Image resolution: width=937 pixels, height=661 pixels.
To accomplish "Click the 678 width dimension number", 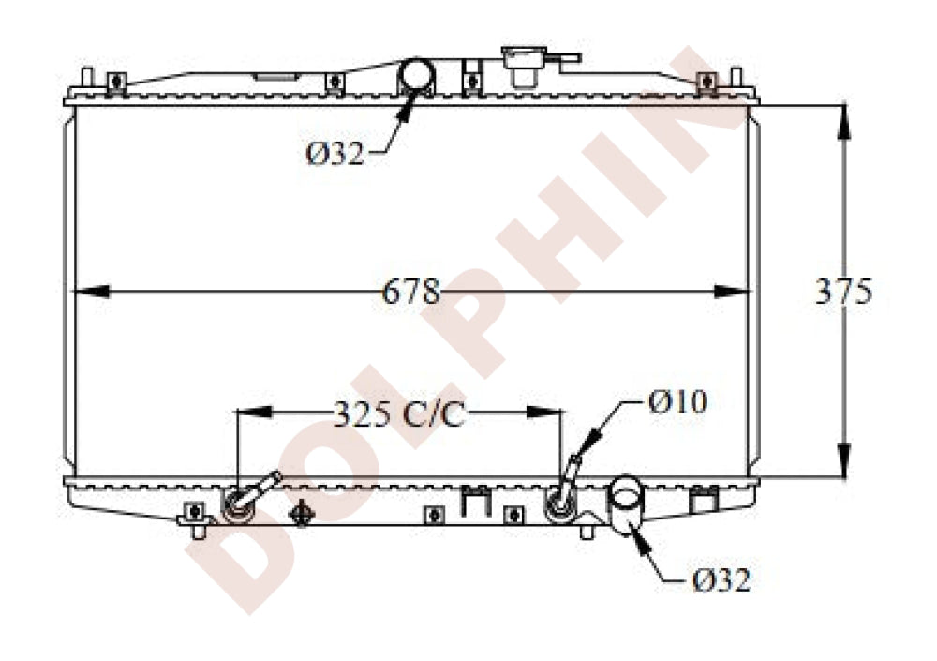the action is click(x=410, y=292).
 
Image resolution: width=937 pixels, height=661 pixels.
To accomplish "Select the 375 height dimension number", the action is click(x=843, y=292).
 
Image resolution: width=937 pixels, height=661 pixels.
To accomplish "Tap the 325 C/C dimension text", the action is click(x=398, y=413).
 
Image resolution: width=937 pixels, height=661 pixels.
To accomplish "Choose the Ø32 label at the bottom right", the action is click(x=721, y=579).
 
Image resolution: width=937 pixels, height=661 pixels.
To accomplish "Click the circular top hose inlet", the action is click(x=418, y=74).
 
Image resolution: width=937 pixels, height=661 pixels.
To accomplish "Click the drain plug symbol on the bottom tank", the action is click(x=301, y=513).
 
